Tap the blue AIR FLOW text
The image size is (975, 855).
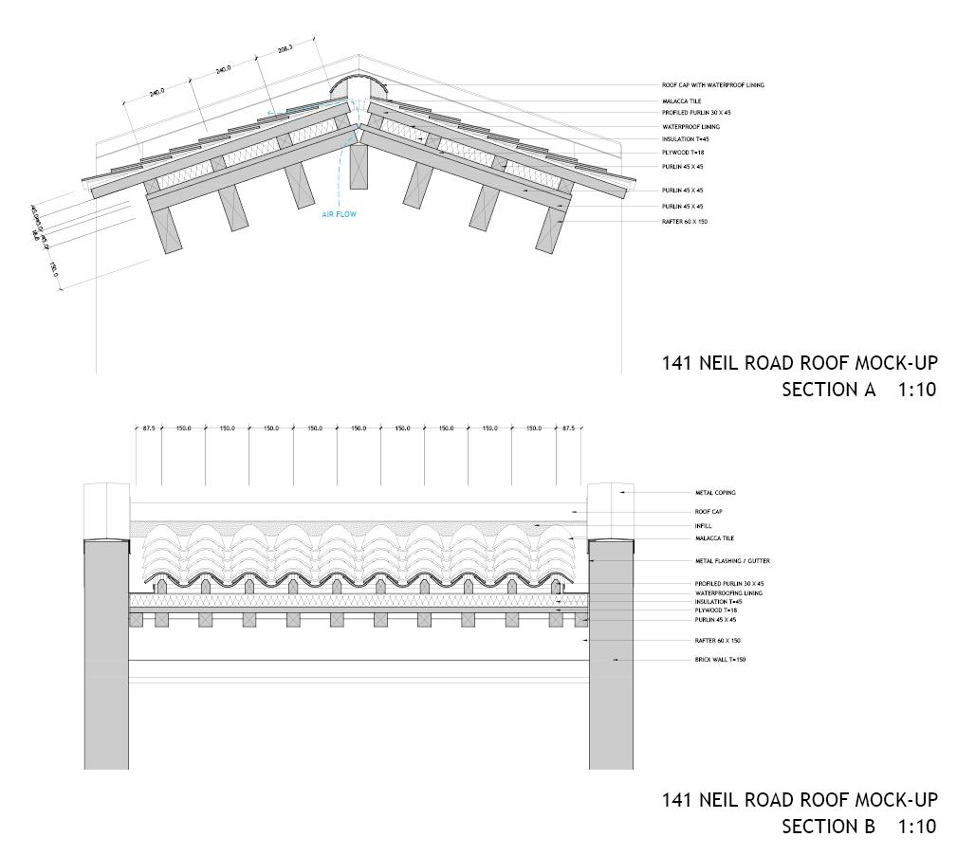[x=339, y=215]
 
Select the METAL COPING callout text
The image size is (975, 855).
[x=715, y=493]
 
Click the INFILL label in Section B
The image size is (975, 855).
[x=703, y=525]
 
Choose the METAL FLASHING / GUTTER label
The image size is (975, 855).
[x=732, y=561]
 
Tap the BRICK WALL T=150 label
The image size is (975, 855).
[x=720, y=660]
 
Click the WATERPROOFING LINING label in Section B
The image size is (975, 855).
[x=728, y=593]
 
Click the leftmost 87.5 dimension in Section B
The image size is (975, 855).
[x=149, y=428]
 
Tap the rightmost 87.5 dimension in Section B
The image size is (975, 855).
[x=568, y=428]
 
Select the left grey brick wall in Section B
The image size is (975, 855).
[x=106, y=654]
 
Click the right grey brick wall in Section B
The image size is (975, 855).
[x=611, y=654]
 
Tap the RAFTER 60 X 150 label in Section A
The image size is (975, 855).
[x=685, y=222]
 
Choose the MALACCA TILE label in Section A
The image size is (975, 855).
[x=681, y=101]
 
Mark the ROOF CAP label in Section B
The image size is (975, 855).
[x=709, y=512]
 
